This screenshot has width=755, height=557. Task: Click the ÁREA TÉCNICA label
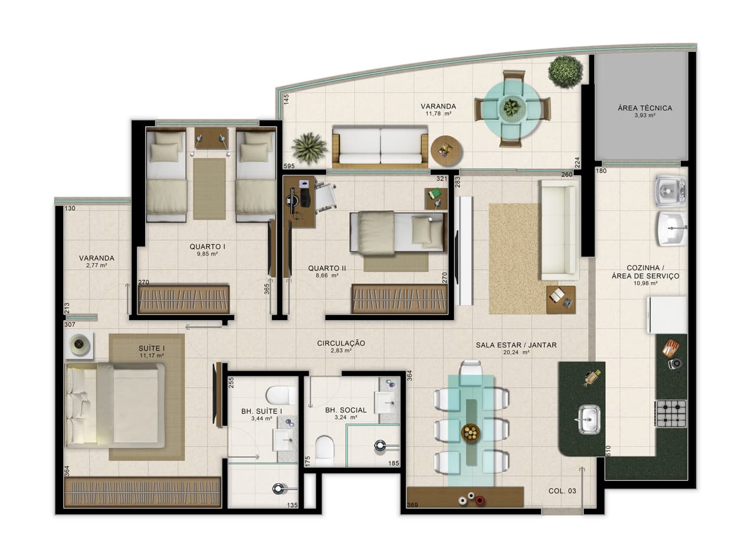pyautogui.click(x=645, y=108)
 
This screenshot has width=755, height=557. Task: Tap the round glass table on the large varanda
pyautogui.click(x=511, y=108)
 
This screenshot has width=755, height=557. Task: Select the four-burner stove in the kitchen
pyautogui.click(x=671, y=413)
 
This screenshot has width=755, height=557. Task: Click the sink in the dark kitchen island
pyautogui.click(x=588, y=419)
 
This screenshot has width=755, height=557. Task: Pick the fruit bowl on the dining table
pyautogui.click(x=470, y=433)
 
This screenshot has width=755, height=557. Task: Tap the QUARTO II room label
pyautogui.click(x=327, y=268)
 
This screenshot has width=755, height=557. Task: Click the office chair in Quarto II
pyautogui.click(x=324, y=196)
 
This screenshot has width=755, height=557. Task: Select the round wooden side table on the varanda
pyautogui.click(x=446, y=150)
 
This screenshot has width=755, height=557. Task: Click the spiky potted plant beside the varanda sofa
pyautogui.click(x=309, y=148)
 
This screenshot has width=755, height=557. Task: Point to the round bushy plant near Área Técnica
pyautogui.click(x=565, y=71)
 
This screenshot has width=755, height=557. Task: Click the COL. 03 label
pyautogui.click(x=562, y=491)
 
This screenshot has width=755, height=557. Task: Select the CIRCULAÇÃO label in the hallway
pyautogui.click(x=341, y=343)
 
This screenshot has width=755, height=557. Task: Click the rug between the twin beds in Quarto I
pyautogui.click(x=209, y=189)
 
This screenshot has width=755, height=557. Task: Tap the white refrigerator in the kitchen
pyautogui.click(x=667, y=314)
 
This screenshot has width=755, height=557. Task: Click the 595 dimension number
pyautogui.click(x=288, y=167)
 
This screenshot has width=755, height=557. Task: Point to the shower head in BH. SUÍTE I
pyautogui.click(x=278, y=488)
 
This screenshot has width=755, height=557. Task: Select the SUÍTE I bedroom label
pyautogui.click(x=152, y=348)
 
